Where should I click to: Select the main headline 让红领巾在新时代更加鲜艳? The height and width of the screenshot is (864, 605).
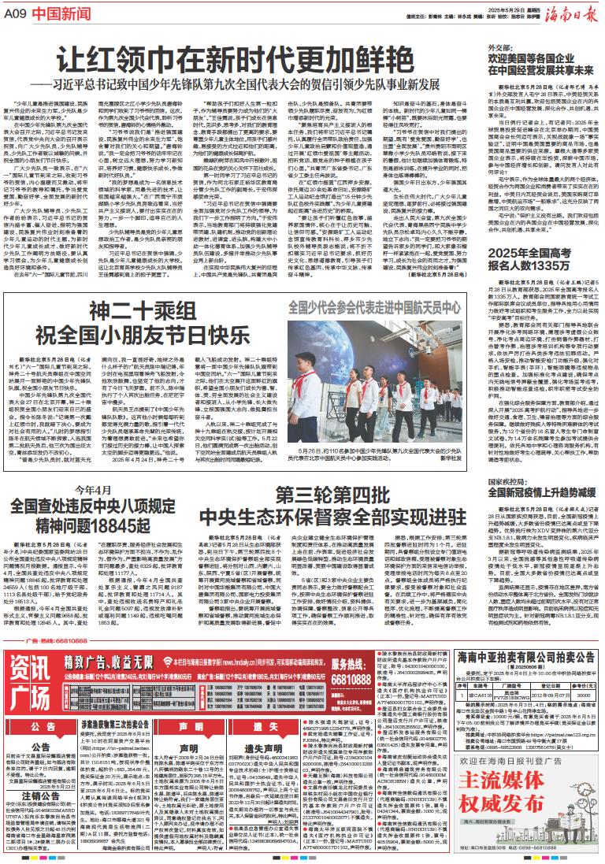[237, 58]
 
